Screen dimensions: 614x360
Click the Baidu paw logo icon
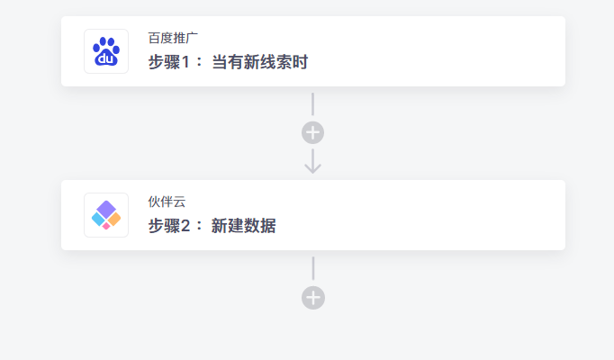106,51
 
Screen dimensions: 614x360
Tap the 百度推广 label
173,38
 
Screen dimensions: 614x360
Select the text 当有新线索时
260,62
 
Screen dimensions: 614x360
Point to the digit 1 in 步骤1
185,62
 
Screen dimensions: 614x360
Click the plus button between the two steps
313,132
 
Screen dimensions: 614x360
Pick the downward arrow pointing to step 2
313,161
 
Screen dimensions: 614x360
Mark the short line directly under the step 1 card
313,104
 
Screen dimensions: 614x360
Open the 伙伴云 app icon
106,215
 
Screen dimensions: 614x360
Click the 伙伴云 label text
167,202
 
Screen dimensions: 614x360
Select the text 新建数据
244,226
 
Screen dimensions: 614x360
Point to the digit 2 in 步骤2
185,226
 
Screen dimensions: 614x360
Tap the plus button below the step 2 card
313,298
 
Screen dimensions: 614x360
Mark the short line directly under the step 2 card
313,268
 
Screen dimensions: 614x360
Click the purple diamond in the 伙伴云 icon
106,209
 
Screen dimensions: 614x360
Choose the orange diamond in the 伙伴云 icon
114,219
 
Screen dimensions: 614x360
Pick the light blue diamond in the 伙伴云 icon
98,219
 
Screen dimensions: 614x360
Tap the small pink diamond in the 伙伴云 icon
106,226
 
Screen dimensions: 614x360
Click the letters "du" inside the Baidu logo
105,59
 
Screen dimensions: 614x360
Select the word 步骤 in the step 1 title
165,62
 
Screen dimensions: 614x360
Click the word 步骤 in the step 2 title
165,226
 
